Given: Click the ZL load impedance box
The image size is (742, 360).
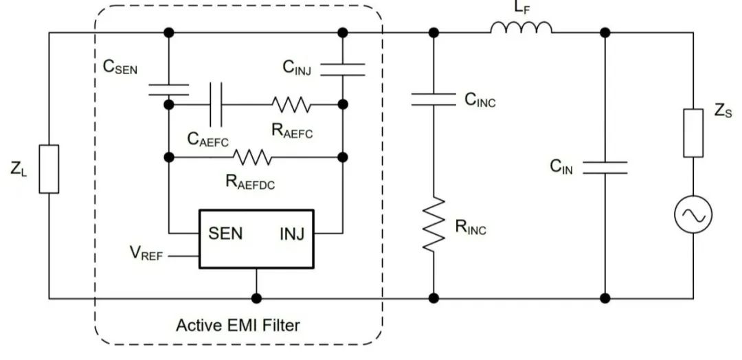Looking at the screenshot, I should click(49, 168).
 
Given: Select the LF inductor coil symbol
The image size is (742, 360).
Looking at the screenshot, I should click(521, 27).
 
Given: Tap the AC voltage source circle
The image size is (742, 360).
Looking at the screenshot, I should click(693, 215).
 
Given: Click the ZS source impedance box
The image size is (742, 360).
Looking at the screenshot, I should click(693, 133).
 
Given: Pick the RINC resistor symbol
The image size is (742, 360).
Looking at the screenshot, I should click(434, 224).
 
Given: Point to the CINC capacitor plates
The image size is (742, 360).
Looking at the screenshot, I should click(434, 100).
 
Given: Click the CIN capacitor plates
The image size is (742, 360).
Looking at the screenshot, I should click(605, 167).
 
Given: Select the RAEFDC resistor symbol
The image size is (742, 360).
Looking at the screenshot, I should click(252, 157).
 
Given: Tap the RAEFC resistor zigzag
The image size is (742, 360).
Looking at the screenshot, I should click(291, 105).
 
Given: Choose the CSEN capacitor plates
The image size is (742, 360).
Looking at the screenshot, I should click(169, 89).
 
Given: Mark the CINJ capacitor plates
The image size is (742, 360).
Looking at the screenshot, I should click(343, 69).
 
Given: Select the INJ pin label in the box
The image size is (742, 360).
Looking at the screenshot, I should click(296, 234).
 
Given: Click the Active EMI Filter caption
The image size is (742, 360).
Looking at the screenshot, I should click(238, 324).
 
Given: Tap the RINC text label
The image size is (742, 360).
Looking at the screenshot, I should click(471, 227).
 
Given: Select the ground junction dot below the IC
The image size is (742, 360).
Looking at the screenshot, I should click(256, 298).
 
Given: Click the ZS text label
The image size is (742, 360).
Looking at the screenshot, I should click(723, 113).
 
